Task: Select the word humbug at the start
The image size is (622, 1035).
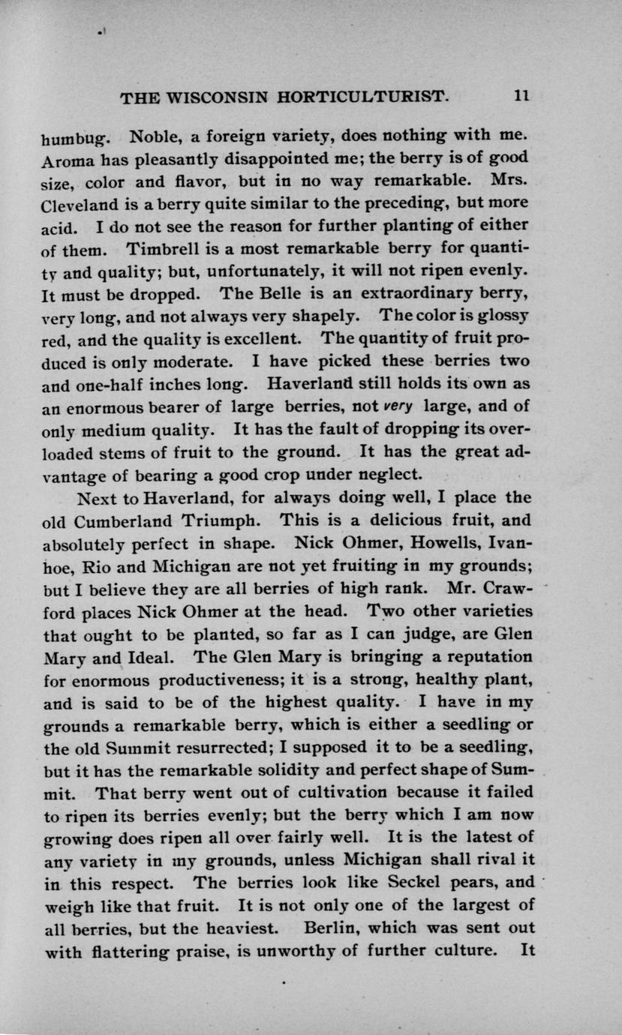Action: pos(75,139)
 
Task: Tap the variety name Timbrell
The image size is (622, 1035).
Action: pos(164,247)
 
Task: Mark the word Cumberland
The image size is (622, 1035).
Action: pos(136,519)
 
